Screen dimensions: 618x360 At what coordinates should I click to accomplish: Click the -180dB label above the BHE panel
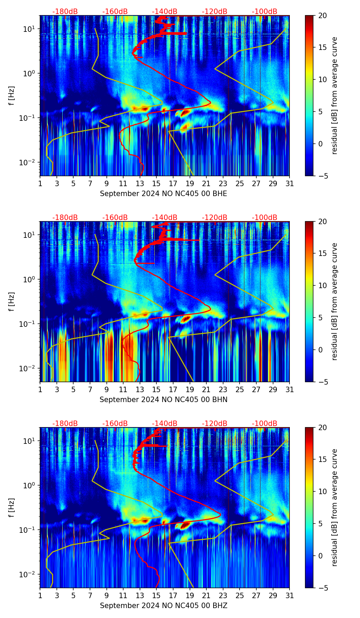click(x=65, y=12)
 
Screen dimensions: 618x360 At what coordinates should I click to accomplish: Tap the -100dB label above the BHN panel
click(x=265, y=218)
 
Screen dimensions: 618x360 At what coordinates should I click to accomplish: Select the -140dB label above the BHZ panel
click(x=165, y=424)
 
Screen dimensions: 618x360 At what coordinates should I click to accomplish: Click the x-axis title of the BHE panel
click(x=163, y=194)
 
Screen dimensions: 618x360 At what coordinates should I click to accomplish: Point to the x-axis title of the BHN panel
click(x=163, y=400)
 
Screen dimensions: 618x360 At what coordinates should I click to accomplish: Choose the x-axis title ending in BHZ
click(x=163, y=606)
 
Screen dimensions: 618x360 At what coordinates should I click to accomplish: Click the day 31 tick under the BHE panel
click(x=290, y=184)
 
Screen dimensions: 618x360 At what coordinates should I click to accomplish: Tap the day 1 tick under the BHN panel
click(x=40, y=390)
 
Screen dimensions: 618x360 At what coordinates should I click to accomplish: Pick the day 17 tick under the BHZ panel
click(x=173, y=596)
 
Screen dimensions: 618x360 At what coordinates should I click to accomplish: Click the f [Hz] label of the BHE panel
click(x=12, y=96)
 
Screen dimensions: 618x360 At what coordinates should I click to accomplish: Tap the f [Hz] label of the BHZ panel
click(x=12, y=508)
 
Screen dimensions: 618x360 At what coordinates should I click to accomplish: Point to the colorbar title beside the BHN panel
click(x=335, y=301)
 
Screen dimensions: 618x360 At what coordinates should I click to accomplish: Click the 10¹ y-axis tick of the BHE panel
click(x=29, y=29)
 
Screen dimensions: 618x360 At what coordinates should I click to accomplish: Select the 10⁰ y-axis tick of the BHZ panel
click(x=29, y=485)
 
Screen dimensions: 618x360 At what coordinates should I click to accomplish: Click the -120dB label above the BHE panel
click(x=215, y=12)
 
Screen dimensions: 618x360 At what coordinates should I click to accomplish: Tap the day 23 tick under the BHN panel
click(x=223, y=390)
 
